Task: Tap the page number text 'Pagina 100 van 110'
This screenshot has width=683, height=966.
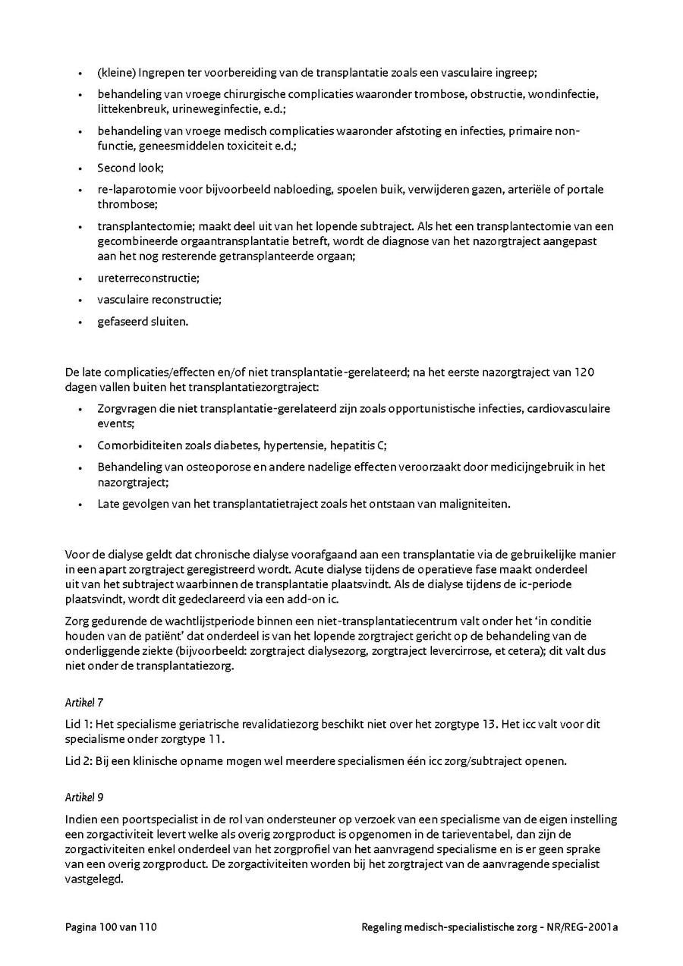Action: click(x=112, y=927)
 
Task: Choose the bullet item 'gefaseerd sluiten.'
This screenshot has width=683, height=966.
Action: click(x=143, y=321)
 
